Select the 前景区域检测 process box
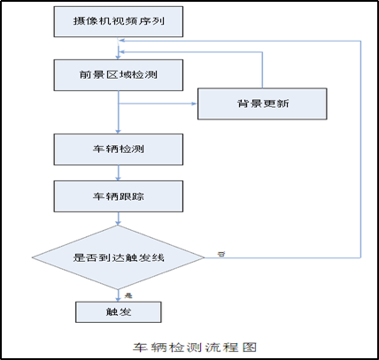click(118, 74)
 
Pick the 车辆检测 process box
click(118, 149)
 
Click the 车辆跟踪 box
click(118, 195)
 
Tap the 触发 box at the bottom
click(118, 311)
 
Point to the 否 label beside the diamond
click(220, 254)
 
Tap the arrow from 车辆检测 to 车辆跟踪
click(118, 172)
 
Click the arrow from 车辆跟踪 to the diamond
click(118, 219)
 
